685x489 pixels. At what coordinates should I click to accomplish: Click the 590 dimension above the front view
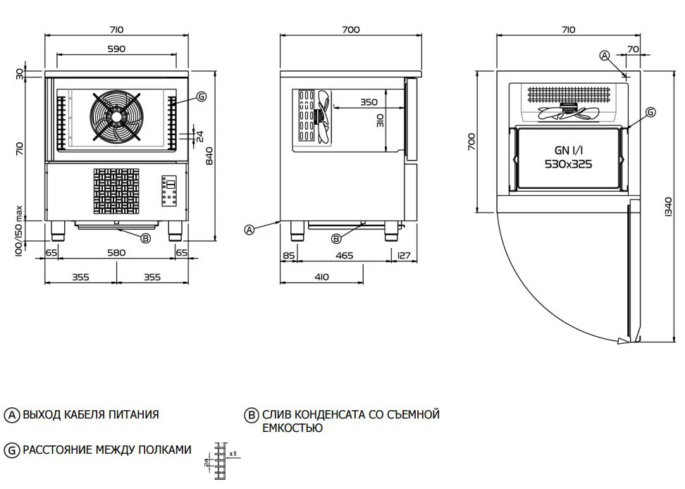[x=116, y=49]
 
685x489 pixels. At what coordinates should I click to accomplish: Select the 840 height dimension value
[x=209, y=159]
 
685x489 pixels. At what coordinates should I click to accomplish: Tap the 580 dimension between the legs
[x=116, y=252]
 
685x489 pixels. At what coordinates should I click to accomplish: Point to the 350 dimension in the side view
[x=369, y=102]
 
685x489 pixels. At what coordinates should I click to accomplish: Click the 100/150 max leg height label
[x=20, y=230]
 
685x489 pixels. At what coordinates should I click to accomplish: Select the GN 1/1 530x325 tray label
[x=568, y=157]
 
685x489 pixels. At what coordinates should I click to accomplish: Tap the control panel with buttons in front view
[x=169, y=190]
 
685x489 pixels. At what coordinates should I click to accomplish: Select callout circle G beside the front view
[x=202, y=97]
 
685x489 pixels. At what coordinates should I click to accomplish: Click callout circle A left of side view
[x=249, y=229]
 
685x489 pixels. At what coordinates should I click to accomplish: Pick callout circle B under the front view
[x=145, y=238]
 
